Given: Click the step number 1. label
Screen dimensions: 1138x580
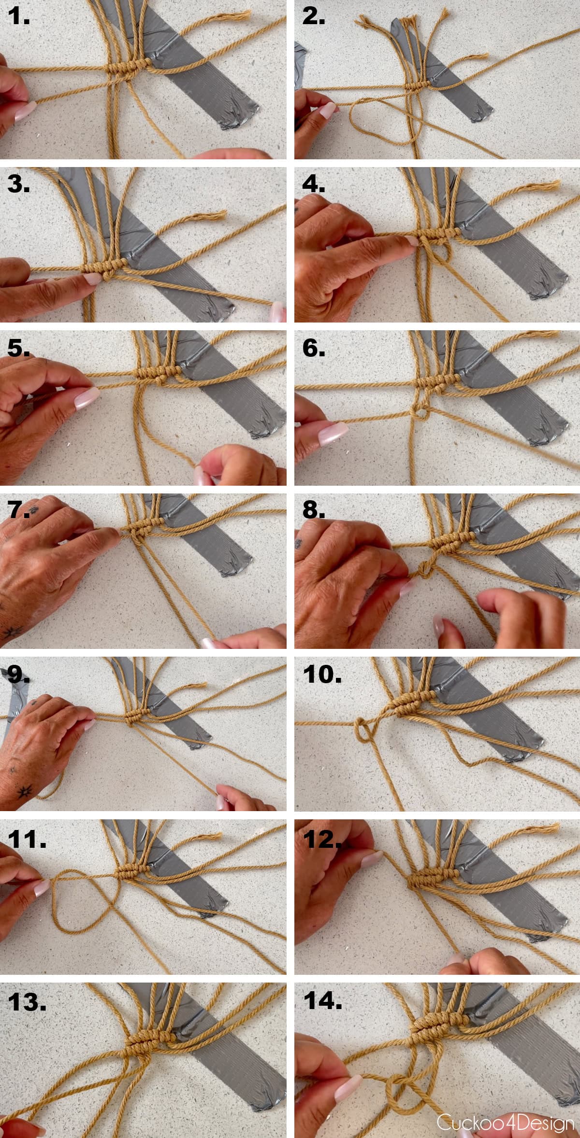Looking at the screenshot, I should (x=18, y=17).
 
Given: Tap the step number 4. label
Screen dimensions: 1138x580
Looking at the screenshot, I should (x=314, y=184).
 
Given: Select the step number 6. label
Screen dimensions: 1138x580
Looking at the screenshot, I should (x=314, y=348).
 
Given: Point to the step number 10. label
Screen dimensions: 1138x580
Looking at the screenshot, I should (x=322, y=674).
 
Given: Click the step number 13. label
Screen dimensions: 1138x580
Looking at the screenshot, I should (x=27, y=1002).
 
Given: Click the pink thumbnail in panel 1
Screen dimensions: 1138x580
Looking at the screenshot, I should (x=24, y=112).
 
